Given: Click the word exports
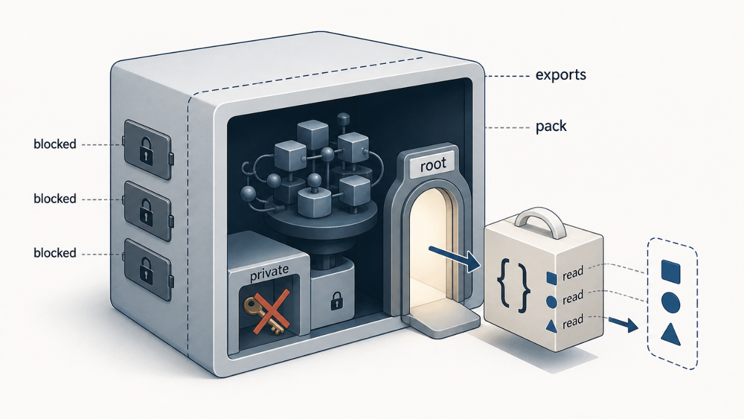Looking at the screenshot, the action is coord(561,75).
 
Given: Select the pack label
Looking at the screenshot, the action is coord(551,127).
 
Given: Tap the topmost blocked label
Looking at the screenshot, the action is coord(55,144).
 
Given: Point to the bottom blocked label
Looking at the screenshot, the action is coord(55,253).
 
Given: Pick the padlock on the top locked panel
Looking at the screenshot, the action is coord(146,152).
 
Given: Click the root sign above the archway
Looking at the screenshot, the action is coord(433,165).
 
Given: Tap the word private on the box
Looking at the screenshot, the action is coord(269,274).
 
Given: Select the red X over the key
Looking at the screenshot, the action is coord(271,311).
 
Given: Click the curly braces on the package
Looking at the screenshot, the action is coord(513,287).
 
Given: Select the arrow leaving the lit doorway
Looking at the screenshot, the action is coord(455,258).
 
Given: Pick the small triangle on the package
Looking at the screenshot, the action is coord(552,326).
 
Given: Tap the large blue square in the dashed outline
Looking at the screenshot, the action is coord(671,272).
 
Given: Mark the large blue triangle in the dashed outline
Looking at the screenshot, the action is coord(671,335).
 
